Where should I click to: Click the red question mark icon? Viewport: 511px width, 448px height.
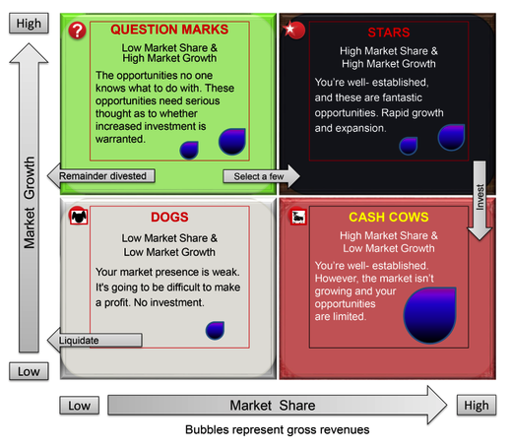tap(77, 31)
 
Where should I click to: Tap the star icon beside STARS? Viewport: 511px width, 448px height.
tap(294, 30)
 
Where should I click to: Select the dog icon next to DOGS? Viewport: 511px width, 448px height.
tap(78, 216)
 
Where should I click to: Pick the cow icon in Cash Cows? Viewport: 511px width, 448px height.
tap(298, 217)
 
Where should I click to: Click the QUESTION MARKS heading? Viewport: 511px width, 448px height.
tap(169, 30)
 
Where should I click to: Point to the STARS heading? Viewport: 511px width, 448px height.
tap(389, 32)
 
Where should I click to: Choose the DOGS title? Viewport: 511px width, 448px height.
tap(169, 217)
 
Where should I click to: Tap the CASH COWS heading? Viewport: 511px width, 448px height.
tap(389, 217)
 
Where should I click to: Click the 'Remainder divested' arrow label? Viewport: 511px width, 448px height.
tap(101, 176)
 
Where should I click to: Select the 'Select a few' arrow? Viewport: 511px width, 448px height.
tap(261, 176)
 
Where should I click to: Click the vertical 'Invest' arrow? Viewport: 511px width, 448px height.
tap(479, 200)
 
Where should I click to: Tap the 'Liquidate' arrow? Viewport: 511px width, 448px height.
tap(95, 340)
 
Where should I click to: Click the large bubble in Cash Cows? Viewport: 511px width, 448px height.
tap(429, 315)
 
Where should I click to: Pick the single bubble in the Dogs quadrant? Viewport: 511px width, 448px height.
tap(215, 330)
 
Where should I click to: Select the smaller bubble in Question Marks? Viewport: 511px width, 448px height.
tap(189, 150)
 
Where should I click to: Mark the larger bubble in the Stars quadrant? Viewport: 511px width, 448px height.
tap(451, 137)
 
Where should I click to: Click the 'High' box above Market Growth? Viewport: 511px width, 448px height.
tap(29, 24)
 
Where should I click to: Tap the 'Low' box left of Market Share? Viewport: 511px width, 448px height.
tap(80, 406)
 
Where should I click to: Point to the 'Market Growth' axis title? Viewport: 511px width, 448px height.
tap(30, 202)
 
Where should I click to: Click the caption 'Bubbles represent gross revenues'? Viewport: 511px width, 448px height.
tap(278, 429)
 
